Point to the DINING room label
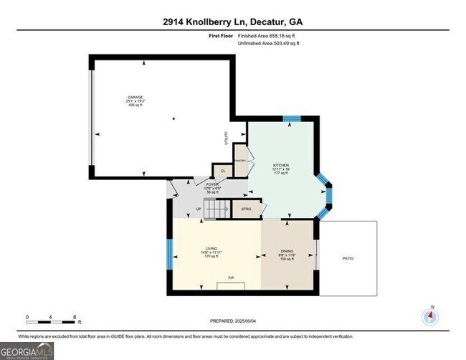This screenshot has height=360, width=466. tap(287, 251)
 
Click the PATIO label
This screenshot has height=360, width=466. tap(348, 258)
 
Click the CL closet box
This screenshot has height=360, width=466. tap(222, 170)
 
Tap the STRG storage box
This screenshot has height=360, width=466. tap(245, 209)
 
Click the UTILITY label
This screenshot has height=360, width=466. tap(227, 136)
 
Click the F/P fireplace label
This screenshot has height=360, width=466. tap(232, 278)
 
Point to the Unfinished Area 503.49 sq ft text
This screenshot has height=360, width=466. tap(269, 44)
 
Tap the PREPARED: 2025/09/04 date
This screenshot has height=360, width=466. tap(233, 321)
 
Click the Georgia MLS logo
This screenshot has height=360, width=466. tap(27, 351)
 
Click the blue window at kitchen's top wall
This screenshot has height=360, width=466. tap(291, 119)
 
